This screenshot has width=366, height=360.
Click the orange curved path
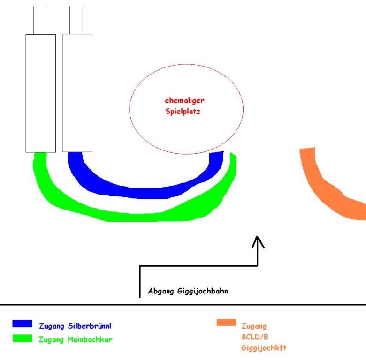pyautogui.click(x=328, y=192)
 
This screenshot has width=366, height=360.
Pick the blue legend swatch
pyautogui.click(x=23, y=323)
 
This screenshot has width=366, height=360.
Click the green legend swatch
pyautogui.click(x=23, y=338)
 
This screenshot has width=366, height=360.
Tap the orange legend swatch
pyautogui.click(x=226, y=322)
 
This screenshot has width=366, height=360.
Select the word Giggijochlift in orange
pyautogui.click(x=264, y=348)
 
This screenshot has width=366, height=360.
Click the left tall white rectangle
pyautogui.click(x=40, y=93)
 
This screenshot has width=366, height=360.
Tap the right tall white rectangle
pyautogui.click(x=77, y=93)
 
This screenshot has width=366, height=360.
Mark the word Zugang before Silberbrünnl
pyautogui.click(x=53, y=326)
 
